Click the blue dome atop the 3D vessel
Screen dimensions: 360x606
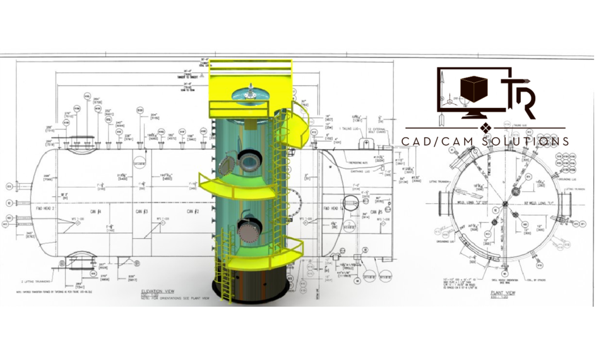pos(252,93)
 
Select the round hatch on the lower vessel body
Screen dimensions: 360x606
pos(247,234)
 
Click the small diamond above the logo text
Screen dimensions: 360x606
pos(485,129)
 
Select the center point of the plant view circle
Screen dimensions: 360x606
pos(504,203)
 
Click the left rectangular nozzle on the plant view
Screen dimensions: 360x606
pos(440,203)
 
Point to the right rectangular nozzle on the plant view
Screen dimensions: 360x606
pos(568,203)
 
